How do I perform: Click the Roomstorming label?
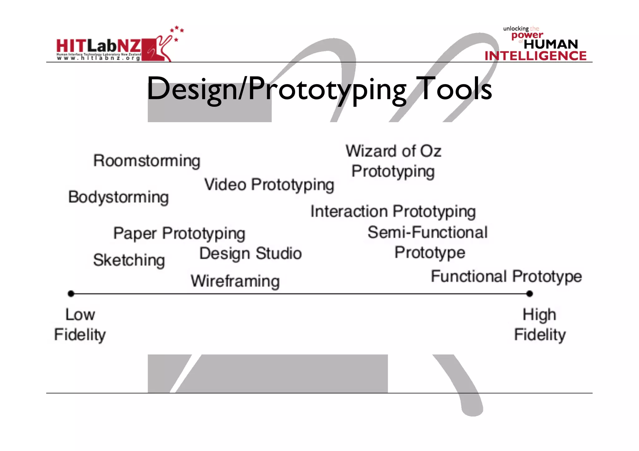point(147,161)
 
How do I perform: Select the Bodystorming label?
point(119,197)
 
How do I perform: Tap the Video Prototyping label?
point(269,185)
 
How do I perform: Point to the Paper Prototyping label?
point(179,233)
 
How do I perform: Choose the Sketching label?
point(129,260)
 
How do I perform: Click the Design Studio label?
point(251,253)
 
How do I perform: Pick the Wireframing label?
point(235,281)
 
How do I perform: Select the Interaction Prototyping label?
point(393,212)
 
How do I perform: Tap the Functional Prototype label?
point(506,276)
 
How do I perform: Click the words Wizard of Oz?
point(393,151)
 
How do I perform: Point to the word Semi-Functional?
point(427,233)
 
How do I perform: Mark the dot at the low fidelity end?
point(71,294)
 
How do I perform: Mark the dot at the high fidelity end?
point(529,294)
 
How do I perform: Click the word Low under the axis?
point(80,314)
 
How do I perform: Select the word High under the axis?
point(539,315)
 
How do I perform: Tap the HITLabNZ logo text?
point(99,46)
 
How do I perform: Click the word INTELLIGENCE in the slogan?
point(535,56)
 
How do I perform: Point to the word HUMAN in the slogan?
point(551,44)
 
